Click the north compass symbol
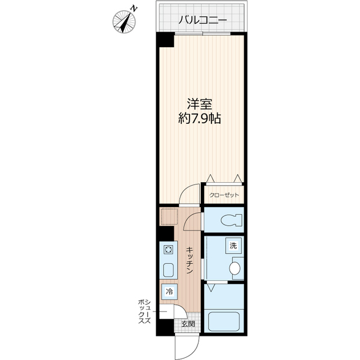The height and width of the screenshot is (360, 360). [124, 22]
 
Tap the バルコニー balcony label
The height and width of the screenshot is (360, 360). [202, 20]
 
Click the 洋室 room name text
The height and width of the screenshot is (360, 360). [200, 104]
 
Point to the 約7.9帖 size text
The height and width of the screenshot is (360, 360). [200, 119]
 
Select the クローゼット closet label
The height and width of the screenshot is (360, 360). [224, 195]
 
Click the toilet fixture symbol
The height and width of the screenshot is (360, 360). [231, 220]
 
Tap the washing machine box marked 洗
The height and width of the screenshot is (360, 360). [233, 246]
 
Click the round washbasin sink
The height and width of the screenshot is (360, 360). [235, 268]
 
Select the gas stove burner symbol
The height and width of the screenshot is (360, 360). [168, 250]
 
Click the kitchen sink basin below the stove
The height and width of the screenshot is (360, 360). [168, 270]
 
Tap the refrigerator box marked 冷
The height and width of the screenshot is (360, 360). [169, 291]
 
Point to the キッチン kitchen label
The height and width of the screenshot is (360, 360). [190, 260]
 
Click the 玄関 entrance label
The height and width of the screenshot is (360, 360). [188, 324]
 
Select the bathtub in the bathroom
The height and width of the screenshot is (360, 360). [224, 321]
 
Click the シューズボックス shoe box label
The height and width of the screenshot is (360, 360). [145, 312]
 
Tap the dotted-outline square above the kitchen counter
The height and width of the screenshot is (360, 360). [169, 216]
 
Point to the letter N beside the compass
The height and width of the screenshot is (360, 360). [134, 9]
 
